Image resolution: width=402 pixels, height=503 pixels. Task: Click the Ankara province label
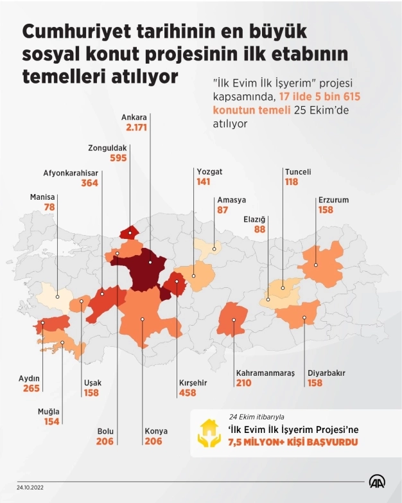(136, 118)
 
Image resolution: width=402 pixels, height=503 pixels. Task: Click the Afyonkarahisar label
(71, 172)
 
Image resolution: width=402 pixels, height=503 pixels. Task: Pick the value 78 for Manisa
(49, 207)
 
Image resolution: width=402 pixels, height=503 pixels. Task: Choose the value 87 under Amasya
(223, 210)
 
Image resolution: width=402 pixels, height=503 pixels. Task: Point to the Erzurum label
(333, 200)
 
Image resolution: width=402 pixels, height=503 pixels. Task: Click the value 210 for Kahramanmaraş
(226, 383)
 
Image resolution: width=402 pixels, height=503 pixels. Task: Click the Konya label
(154, 431)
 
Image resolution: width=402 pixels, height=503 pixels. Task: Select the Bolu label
(104, 431)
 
